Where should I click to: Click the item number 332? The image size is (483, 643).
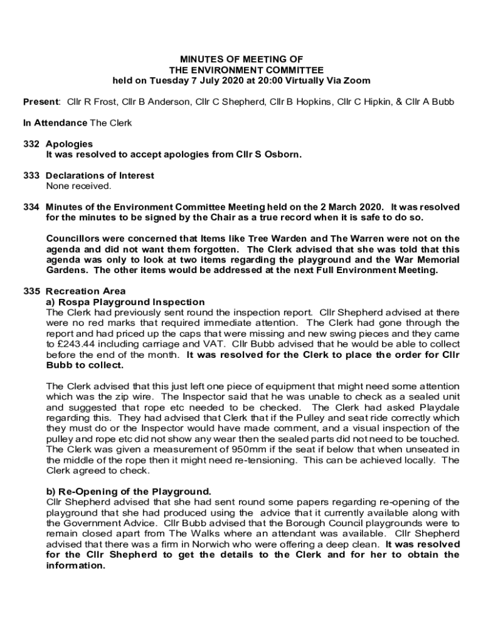(x=31, y=144)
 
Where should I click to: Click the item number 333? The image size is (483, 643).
(x=31, y=175)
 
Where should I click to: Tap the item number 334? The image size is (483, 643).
(x=31, y=207)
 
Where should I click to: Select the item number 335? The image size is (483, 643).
(x=31, y=291)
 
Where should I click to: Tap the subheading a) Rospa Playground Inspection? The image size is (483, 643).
(x=125, y=301)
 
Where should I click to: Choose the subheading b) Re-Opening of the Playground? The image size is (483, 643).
(x=129, y=491)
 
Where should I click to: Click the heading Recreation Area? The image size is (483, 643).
(x=86, y=291)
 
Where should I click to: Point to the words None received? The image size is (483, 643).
(x=78, y=186)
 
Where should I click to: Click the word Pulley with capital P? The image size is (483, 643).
(x=334, y=418)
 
